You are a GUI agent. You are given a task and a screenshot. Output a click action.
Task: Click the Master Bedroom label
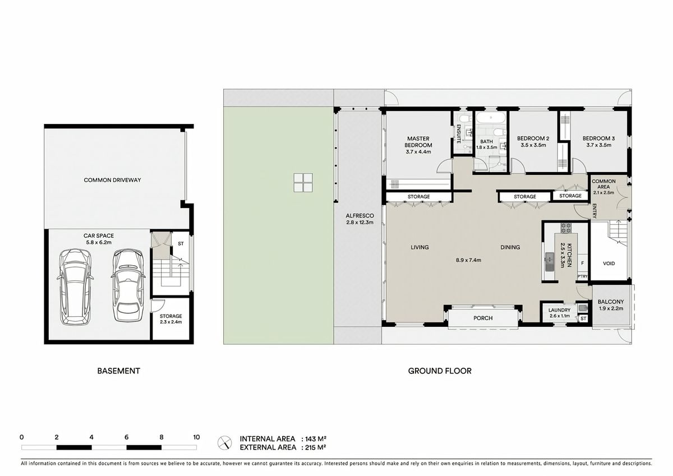pyautogui.click(x=418, y=142)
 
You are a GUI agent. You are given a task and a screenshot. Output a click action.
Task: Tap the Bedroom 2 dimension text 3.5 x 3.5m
pyautogui.click(x=533, y=145)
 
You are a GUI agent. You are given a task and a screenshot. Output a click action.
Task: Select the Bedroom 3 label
pyautogui.click(x=598, y=138)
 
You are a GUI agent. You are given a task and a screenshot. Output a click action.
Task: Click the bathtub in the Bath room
pyautogui.click(x=491, y=117)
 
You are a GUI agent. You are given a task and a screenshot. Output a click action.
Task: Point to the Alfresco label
pyautogui.click(x=359, y=216)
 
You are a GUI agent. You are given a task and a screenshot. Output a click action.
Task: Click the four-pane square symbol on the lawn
pyautogui.click(x=303, y=183)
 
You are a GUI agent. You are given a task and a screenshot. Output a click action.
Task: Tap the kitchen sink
pyautogui.click(x=550, y=261)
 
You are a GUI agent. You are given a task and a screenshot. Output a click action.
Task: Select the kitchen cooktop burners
pyautogui.click(x=566, y=228)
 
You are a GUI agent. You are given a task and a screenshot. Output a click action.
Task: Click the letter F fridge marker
pyautogui.click(x=582, y=264)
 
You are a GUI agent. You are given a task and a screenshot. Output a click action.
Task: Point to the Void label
pyautogui.click(x=609, y=264)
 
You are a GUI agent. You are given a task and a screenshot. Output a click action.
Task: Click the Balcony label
pyautogui.click(x=611, y=302)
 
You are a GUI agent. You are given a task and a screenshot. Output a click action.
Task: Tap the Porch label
pyautogui.click(x=483, y=318)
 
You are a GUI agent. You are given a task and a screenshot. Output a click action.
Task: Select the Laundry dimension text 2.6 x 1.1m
pyautogui.click(x=560, y=316)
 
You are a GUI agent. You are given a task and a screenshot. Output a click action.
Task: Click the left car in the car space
pyautogui.click(x=75, y=287)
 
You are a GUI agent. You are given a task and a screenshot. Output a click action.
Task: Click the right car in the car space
pyautogui.click(x=128, y=285)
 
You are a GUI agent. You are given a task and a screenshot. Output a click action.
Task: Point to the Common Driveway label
pyautogui.click(x=112, y=180)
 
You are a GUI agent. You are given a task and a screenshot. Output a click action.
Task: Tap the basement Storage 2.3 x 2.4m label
pyautogui.click(x=170, y=319)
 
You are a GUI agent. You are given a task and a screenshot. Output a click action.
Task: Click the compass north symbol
pyautogui.click(x=225, y=443)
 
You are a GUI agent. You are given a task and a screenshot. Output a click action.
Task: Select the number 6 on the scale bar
pyautogui.click(x=127, y=437)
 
